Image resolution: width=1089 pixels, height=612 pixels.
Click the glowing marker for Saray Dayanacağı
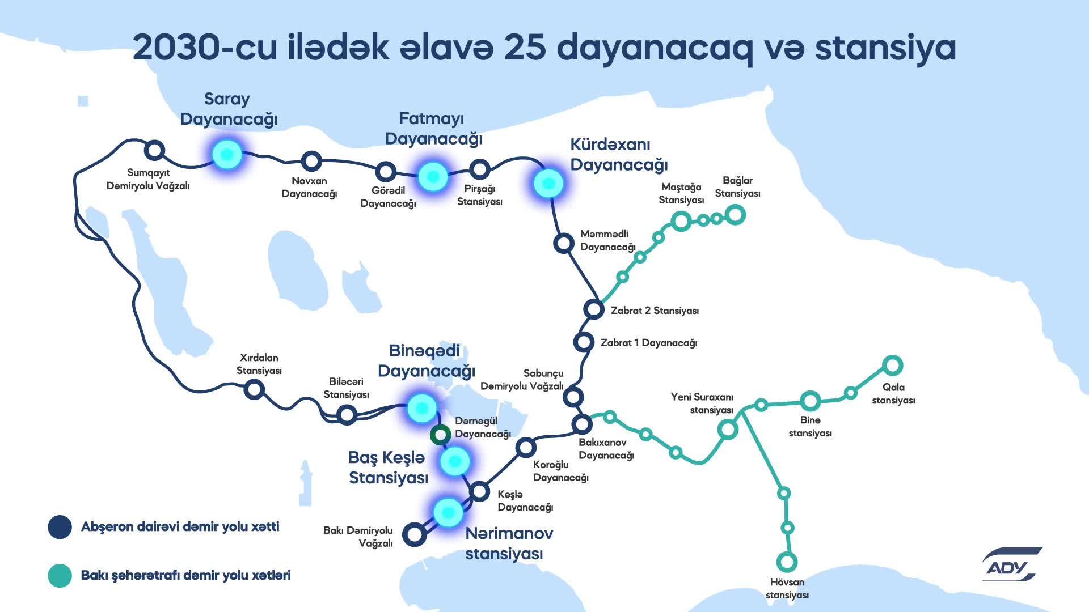coord(227,154)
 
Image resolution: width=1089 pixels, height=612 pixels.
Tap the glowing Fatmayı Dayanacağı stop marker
coord(433,177)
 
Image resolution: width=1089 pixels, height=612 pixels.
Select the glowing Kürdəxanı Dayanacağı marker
coord(548,184)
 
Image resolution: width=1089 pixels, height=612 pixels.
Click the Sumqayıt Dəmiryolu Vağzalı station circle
coord(154,150)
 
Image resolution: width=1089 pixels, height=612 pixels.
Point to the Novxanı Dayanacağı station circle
coord(311,161)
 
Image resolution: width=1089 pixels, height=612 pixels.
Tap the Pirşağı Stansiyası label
coord(480,195)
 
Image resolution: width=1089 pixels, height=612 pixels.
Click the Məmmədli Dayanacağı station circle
coord(563,243)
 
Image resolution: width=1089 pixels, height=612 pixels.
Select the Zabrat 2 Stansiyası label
coord(655,311)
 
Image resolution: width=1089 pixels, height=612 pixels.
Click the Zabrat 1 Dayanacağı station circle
coord(583,342)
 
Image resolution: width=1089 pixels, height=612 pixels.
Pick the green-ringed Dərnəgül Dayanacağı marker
coord(440,435)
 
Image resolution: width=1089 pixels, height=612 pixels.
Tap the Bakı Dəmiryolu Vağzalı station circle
coord(415,534)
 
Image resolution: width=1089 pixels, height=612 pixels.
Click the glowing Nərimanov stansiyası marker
coord(448,512)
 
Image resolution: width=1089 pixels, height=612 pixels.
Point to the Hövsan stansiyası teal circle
coord(787,562)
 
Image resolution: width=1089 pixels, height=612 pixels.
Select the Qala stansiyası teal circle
coord(892,365)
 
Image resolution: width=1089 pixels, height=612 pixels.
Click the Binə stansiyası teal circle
coord(810,401)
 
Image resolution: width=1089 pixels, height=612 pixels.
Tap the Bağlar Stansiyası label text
coord(737,187)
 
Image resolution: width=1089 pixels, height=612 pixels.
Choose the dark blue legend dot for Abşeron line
coord(60,527)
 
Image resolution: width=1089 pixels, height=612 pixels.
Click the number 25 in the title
coord(525,48)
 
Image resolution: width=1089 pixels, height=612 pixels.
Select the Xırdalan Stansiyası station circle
coord(254,389)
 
